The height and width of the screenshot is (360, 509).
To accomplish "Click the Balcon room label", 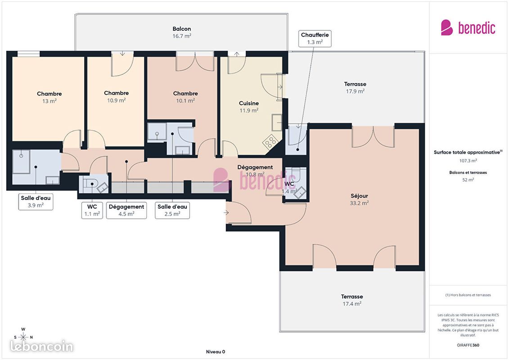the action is point(181,32).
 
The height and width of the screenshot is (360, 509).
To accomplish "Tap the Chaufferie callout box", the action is point(315,39).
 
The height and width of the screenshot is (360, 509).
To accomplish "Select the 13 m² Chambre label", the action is point(50,97).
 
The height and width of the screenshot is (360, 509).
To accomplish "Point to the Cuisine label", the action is point(249,107).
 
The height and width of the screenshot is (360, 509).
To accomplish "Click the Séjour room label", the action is point(359,199).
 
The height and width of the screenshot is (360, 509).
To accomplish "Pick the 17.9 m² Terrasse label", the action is point(355,88).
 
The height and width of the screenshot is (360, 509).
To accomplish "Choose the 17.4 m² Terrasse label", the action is point(352,300).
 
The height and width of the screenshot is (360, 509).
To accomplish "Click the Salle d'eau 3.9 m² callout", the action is point(36,202).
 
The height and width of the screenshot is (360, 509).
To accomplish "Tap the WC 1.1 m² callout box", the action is point(92,210).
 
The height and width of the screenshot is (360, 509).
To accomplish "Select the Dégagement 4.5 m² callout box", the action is point(126,210).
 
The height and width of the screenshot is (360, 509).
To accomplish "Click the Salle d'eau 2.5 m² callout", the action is point(172,210).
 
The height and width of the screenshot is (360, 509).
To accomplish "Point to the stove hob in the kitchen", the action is point(270,142).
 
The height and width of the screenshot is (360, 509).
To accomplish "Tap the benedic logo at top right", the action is point(468,27).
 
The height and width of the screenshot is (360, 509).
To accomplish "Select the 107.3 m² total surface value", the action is point(468,161).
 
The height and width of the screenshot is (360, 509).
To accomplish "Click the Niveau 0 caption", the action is point(216,351).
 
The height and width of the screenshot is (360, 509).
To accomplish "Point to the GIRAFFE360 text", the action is point(468,345).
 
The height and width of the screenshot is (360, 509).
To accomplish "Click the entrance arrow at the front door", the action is point(226,213).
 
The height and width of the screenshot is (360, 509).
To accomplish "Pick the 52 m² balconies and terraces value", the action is point(468,180).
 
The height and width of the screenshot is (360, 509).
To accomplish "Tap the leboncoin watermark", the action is point(42,346).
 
